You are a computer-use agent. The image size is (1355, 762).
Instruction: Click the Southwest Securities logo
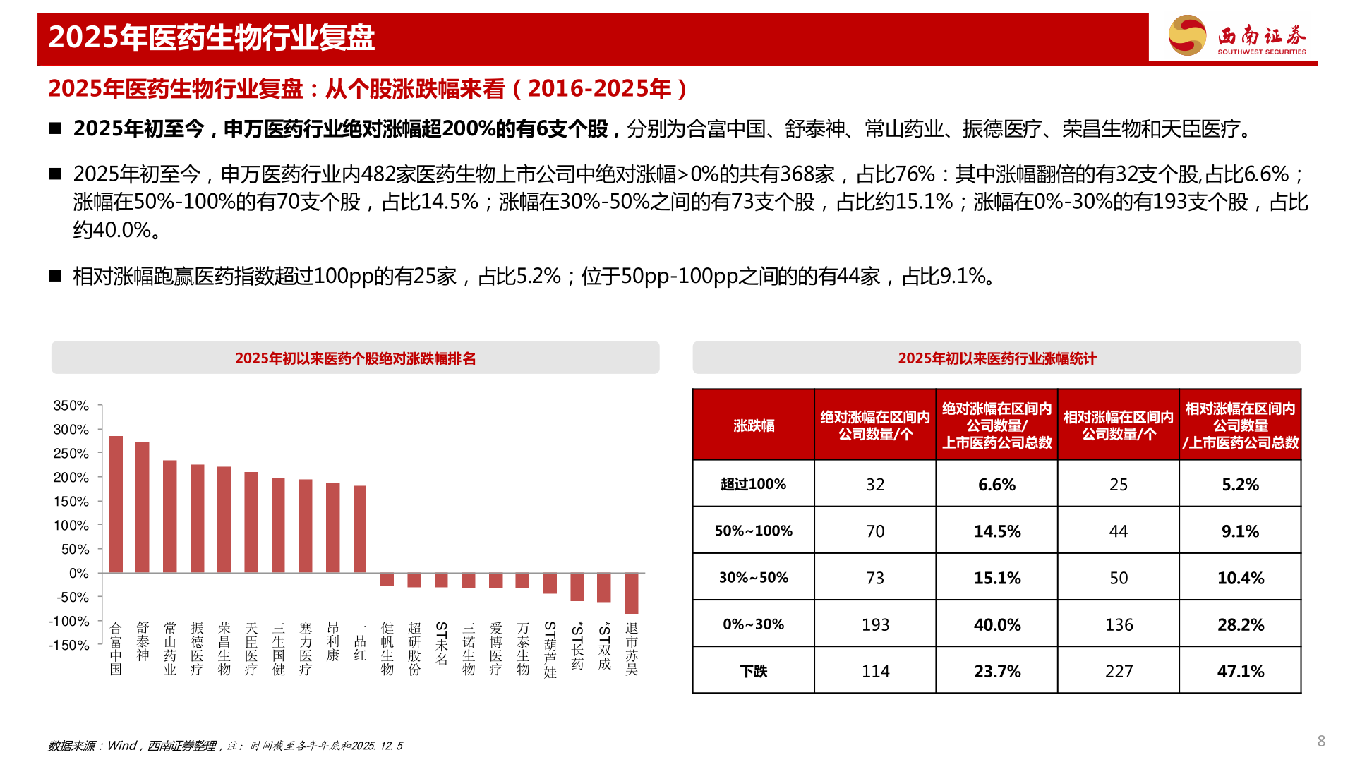pos(1237,35)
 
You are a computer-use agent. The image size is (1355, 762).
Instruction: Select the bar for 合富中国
pos(116,504)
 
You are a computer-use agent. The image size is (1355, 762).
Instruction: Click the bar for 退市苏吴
pos(631,593)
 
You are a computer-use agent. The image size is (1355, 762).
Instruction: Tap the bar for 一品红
pos(360,528)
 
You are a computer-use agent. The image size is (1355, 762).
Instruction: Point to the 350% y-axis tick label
pos(71,406)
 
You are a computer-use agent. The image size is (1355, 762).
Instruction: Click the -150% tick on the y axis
pos(69,646)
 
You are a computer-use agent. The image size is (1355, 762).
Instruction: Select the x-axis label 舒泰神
pos(143,642)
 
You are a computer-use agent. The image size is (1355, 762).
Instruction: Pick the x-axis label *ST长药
pos(577,646)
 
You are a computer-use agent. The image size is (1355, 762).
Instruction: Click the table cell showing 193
pos(875,624)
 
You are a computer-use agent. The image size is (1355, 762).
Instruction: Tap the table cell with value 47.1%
pos(1240,671)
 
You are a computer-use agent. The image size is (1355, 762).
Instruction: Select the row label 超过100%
pos(753,484)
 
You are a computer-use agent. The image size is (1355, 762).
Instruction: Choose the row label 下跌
pos(753,671)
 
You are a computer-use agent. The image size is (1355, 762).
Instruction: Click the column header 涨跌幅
pos(753,425)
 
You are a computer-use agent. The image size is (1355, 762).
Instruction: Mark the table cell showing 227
pos(1119,671)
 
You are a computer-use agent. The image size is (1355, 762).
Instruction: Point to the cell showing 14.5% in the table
pos(996,531)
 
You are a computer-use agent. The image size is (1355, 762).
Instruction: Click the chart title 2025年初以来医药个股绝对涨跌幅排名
pos(355,358)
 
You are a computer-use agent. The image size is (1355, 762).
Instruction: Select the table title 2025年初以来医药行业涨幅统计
pos(996,358)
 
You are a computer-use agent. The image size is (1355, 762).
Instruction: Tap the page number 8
pos(1321,741)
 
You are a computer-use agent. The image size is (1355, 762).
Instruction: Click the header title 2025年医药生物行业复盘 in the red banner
pos(211,37)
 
